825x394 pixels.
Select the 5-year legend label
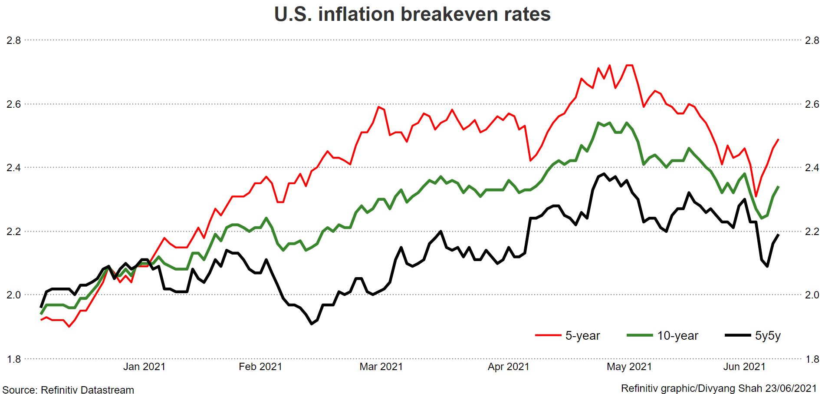click(582, 336)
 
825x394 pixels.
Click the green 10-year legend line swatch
click(640, 335)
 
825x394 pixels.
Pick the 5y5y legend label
click(768, 336)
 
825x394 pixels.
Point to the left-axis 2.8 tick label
click(13, 40)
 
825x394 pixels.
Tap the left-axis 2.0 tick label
click(13, 295)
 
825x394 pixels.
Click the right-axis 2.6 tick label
click(812, 104)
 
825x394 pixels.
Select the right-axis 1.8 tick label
click(812, 359)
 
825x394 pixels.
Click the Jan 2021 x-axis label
click(144, 367)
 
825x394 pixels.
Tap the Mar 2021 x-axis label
click(381, 367)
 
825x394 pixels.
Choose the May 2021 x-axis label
click(629, 367)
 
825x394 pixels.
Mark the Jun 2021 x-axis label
click(744, 367)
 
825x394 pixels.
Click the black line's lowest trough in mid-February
click(312, 324)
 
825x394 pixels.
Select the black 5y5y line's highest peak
click(604, 174)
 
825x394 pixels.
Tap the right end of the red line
click(778, 139)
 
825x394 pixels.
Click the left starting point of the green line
click(41, 314)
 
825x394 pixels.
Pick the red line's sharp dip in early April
click(530, 160)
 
